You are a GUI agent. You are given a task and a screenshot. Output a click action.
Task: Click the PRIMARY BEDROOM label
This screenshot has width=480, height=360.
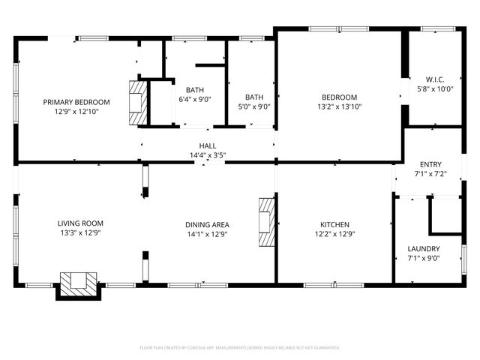pos(76,102)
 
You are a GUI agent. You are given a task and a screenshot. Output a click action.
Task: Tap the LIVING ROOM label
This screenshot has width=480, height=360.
pos(80,223)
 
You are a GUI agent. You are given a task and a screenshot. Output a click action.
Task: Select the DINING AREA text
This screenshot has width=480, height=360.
pos(208,224)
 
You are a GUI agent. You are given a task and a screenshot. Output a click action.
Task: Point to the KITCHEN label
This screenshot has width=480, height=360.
pos(334,224)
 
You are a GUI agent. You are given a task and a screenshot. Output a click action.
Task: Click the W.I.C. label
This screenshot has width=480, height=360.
pos(435,79)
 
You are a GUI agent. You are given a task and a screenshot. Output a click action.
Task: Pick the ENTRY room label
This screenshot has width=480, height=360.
pos(430,164)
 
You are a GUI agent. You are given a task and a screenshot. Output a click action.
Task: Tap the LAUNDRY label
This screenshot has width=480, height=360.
pos(424,249)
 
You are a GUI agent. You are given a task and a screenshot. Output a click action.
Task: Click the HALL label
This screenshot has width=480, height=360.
pos(208,146)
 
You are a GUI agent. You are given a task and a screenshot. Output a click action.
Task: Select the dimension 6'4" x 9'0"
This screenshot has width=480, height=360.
pos(195,99)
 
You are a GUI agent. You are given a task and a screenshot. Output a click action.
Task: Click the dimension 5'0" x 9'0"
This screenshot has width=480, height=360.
pos(254,106)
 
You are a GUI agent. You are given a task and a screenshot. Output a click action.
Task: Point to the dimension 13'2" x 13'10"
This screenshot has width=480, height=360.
pos(340,106)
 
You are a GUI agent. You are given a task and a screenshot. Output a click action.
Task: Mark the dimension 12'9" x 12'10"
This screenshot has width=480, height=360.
pos(76,111)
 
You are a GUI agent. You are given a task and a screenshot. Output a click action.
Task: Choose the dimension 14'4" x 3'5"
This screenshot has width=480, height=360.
pos(208,155)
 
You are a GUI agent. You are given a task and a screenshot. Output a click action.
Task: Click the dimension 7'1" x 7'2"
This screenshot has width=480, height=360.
pos(430,173)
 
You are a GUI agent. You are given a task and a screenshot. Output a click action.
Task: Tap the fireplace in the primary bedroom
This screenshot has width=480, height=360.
pos(137,103)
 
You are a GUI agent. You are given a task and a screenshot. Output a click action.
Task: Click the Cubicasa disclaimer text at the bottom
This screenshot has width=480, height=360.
pos(240,347)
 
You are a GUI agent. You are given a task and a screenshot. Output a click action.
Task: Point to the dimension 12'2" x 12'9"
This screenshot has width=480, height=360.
pos(334,233)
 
